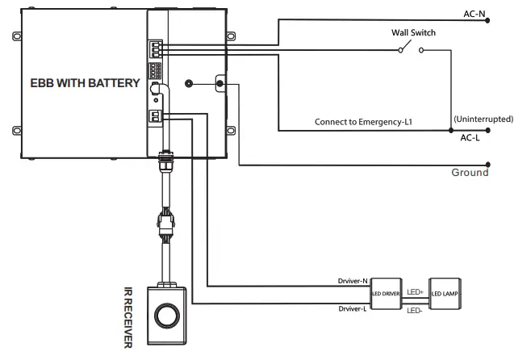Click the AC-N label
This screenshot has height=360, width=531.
[475, 14]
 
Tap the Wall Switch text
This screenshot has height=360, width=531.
[413, 33]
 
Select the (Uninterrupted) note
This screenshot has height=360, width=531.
[483, 119]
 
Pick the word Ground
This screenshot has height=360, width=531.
[470, 172]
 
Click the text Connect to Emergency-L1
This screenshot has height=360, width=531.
[364, 122]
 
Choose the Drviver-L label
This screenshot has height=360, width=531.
[353, 309]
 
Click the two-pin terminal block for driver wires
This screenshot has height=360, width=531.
[153, 115]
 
